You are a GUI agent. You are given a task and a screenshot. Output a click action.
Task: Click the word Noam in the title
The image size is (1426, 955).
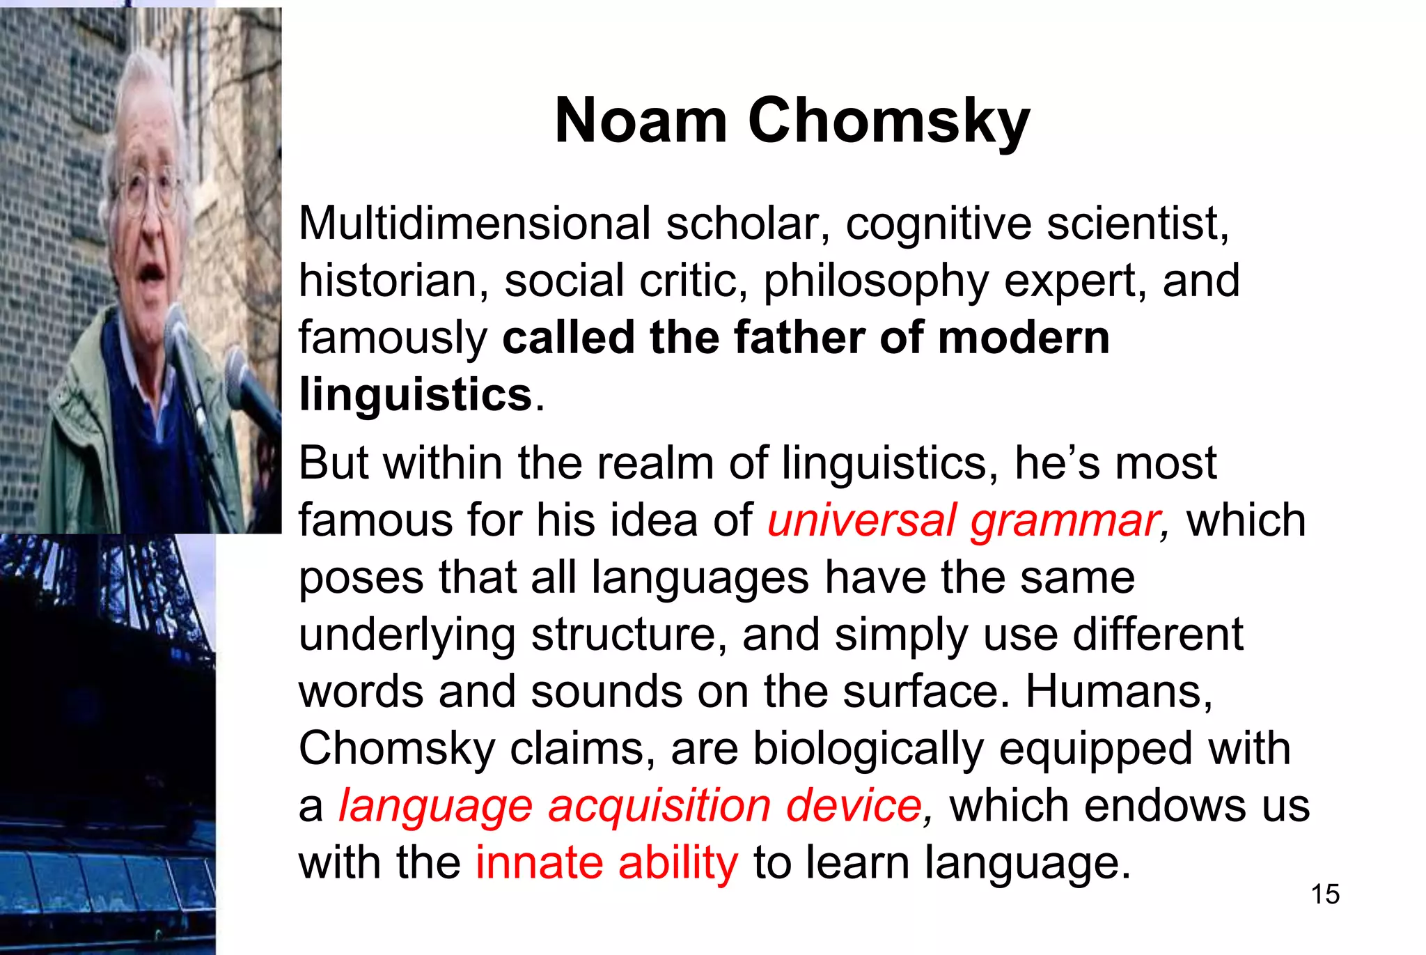coord(640,121)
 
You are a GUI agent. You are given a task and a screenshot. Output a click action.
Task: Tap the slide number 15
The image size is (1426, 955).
coord(1324,894)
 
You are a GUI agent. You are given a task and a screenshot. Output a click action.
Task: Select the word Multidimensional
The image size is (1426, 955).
coord(474,224)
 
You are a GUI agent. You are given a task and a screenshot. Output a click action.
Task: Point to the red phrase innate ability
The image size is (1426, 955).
coord(606,862)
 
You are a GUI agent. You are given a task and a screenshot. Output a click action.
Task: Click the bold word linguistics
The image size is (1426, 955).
coord(416,395)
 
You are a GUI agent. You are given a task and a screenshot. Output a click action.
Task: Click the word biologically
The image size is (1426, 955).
coord(868,749)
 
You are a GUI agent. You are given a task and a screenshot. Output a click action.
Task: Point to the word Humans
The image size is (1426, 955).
coord(1118,692)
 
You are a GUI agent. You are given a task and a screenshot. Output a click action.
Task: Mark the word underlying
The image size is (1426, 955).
coord(407,635)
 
